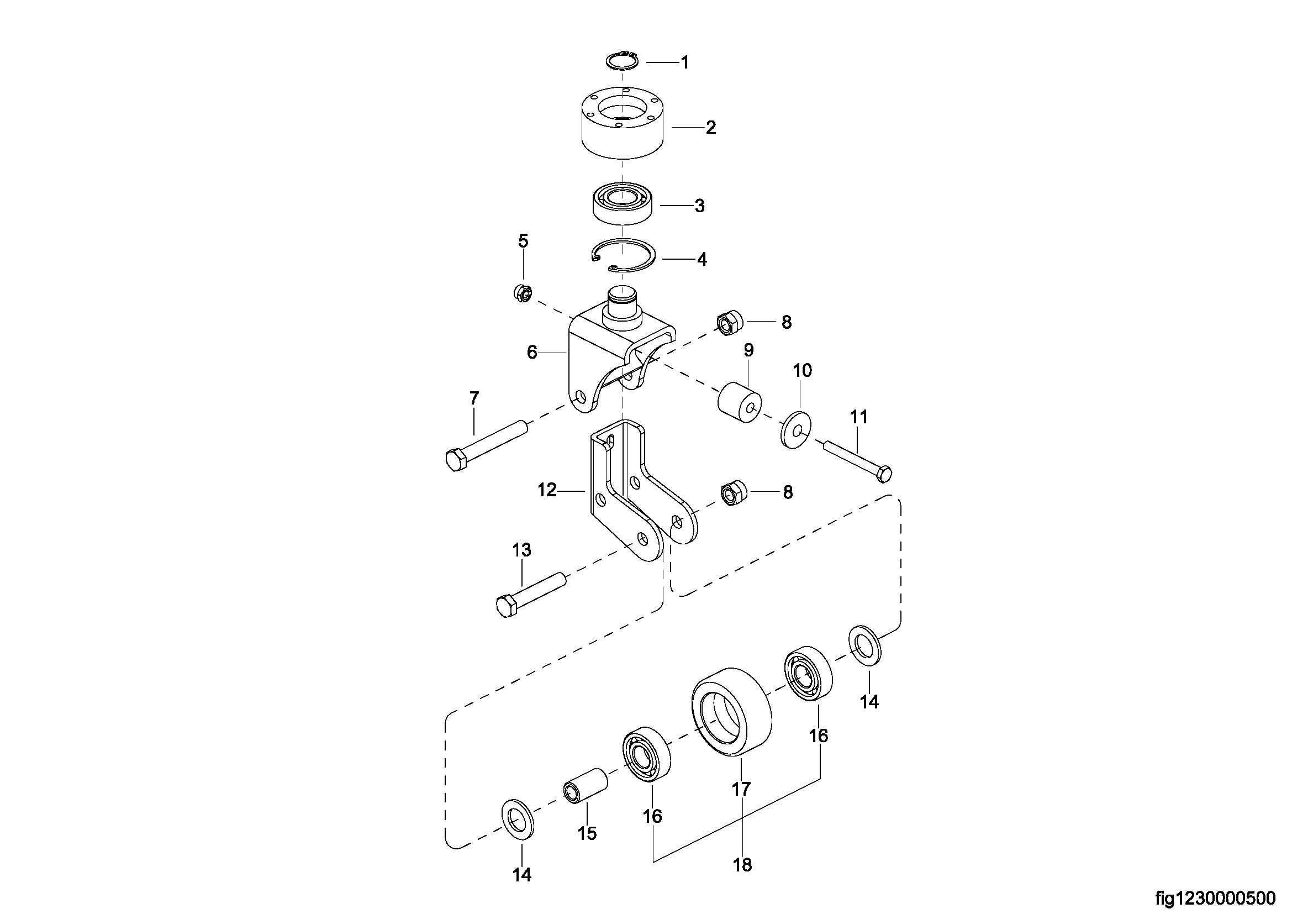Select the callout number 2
(711, 128)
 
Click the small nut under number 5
(523, 293)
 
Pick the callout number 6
(532, 353)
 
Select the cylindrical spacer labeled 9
(740, 402)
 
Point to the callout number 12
(546, 490)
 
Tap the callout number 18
(742, 864)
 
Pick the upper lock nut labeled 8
(730, 323)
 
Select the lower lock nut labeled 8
(733, 493)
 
